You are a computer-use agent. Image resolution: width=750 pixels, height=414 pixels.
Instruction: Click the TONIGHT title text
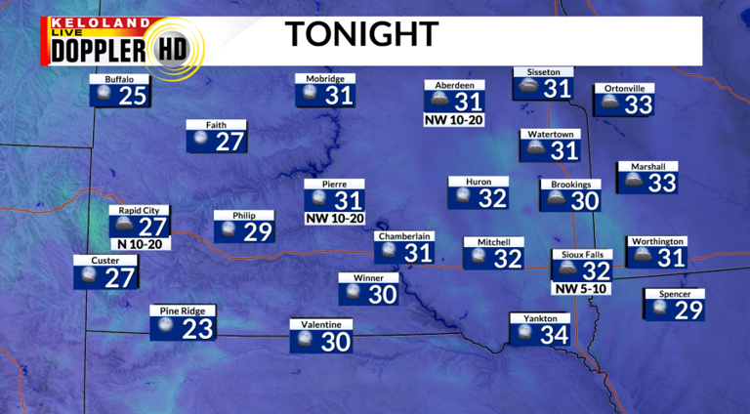click(360, 34)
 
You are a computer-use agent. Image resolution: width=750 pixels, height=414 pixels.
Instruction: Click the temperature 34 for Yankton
click(554, 334)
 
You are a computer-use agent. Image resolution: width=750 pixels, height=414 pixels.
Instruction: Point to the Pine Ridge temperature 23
click(197, 328)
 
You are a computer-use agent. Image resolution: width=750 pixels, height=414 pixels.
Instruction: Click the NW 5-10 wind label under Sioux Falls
click(583, 288)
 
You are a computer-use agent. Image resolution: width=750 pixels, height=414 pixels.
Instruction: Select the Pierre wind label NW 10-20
click(335, 218)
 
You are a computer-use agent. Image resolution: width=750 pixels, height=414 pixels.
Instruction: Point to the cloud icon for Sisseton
click(528, 87)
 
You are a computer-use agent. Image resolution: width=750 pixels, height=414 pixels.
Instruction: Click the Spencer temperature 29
click(689, 310)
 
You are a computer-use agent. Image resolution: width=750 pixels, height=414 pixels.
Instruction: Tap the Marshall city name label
click(647, 166)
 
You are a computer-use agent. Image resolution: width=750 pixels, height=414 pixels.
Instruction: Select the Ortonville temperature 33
click(638, 104)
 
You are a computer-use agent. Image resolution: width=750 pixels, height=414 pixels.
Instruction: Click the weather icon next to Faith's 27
click(200, 141)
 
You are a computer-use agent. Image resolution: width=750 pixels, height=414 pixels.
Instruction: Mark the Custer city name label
click(105, 261)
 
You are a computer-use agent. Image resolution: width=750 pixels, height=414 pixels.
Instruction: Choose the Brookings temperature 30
click(584, 200)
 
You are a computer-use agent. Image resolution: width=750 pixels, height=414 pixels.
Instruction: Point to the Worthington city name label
click(657, 241)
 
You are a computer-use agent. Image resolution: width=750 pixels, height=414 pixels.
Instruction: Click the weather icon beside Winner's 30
click(352, 293)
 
